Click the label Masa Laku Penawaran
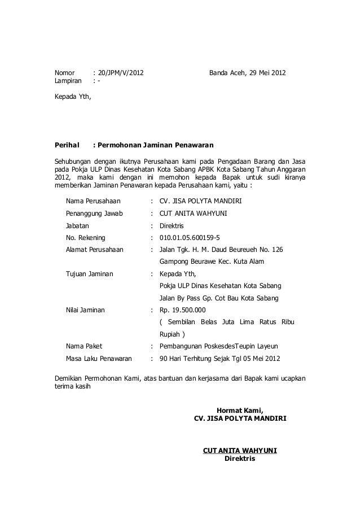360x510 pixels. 99,358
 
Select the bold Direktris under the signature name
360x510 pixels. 240,458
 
